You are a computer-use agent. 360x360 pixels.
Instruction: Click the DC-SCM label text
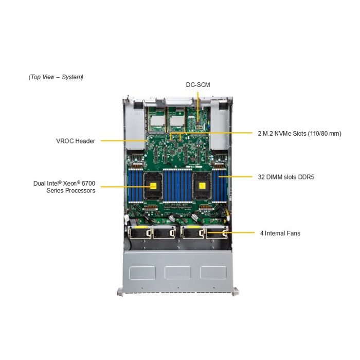198,85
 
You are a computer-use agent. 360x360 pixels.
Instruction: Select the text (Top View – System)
56,77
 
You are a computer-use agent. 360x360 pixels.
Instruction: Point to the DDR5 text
306,177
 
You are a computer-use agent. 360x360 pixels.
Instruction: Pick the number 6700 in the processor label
88,184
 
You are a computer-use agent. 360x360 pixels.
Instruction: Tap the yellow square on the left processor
153,186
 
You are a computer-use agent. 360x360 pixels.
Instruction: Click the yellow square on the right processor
202,186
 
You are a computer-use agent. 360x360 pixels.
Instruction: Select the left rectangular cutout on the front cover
142,273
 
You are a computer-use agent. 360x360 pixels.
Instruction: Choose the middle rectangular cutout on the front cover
178,273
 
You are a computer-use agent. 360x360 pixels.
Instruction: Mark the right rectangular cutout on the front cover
213,273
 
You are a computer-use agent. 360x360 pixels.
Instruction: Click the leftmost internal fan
139,233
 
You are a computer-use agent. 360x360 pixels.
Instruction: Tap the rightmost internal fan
217,233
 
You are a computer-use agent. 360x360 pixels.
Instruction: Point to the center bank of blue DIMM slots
177,185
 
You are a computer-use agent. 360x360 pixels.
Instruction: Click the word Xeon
70,184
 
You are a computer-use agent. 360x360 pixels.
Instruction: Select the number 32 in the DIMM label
261,177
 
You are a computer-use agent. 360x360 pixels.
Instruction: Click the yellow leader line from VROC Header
123,140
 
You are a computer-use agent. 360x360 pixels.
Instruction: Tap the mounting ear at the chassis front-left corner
120,292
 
